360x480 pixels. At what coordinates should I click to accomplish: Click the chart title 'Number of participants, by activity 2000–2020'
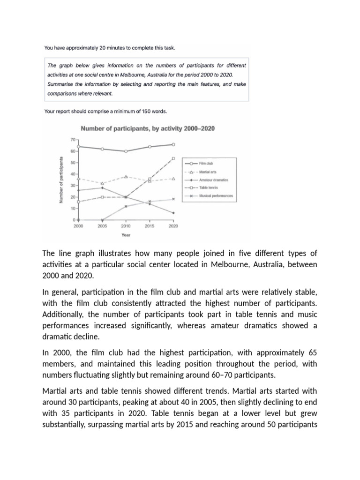pyautogui.click(x=148, y=128)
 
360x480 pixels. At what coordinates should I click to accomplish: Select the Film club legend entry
pyautogui.click(x=206, y=164)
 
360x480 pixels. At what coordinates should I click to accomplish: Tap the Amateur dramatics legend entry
pyautogui.click(x=211, y=180)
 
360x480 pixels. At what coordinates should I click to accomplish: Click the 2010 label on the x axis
pyautogui.click(x=126, y=226)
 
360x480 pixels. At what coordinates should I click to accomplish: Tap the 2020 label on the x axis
pyautogui.click(x=173, y=226)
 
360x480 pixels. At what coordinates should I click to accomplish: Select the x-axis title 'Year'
pyautogui.click(x=126, y=235)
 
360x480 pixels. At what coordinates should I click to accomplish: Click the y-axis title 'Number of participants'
pyautogui.click(x=61, y=180)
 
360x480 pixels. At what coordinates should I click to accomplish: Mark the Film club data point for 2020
pyautogui.click(x=173, y=144)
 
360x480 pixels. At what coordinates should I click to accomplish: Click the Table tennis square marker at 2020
pyautogui.click(x=173, y=158)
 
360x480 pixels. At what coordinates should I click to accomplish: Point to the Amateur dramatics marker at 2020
pyautogui.click(x=173, y=213)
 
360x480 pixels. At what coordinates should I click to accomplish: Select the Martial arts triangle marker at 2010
pyautogui.click(x=126, y=177)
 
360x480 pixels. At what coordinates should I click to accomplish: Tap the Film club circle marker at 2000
pyautogui.click(x=78, y=146)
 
